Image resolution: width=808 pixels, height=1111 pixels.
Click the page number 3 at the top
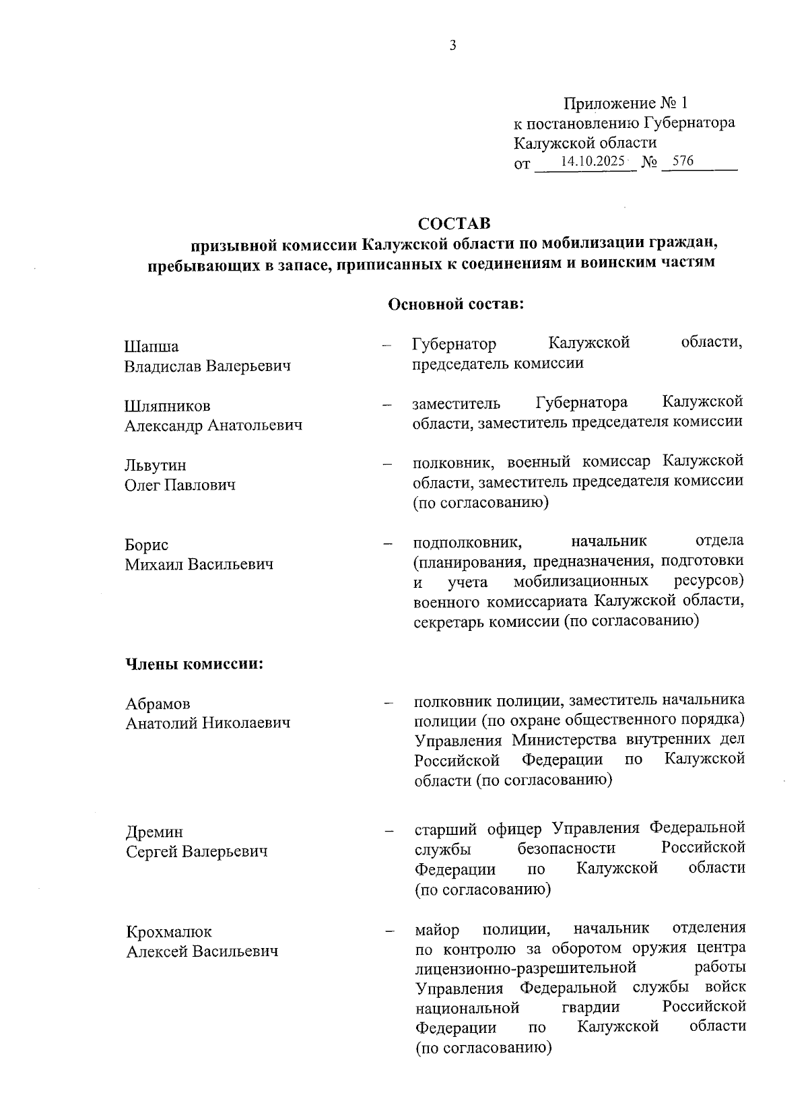tap(452, 46)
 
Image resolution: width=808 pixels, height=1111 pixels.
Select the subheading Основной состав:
tap(456, 304)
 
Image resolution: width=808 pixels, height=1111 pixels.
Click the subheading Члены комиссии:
tap(194, 664)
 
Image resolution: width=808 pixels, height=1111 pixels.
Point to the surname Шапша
tap(151, 347)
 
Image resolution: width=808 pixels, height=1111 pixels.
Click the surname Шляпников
tap(168, 406)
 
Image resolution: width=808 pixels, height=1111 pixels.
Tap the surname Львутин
tap(156, 465)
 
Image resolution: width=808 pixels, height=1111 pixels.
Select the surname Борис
tap(146, 545)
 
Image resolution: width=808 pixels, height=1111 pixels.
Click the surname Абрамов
tap(158, 704)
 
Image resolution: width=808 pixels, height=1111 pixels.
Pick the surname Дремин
tap(154, 832)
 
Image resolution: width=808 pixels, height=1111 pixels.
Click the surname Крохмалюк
tap(168, 932)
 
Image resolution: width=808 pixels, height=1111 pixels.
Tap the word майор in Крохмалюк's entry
tap(437, 930)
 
